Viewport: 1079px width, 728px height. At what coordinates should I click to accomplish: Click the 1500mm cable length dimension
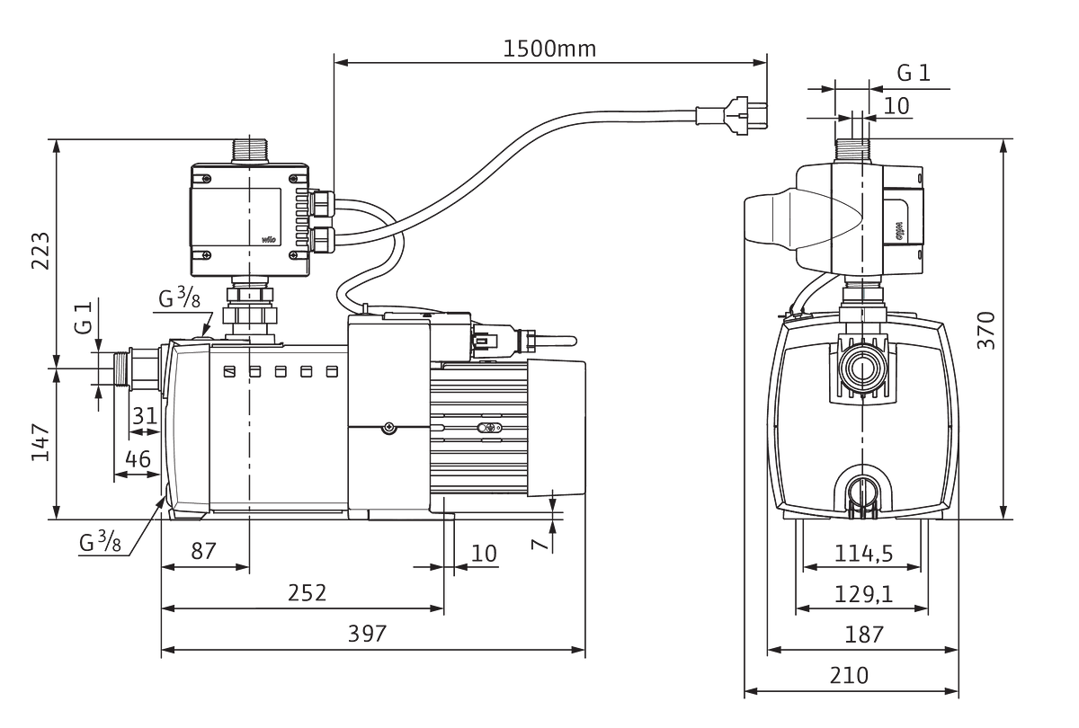[x=549, y=49]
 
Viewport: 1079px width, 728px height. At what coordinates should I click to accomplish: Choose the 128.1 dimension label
[x=862, y=594]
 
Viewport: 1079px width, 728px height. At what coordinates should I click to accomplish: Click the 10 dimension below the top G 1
[x=896, y=104]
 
